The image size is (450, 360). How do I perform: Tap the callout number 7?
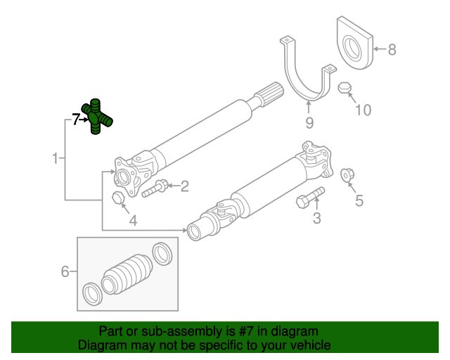click(75, 120)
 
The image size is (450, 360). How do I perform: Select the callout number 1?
click(55, 158)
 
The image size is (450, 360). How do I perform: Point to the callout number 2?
click(184, 186)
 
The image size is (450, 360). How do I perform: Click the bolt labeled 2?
click(155, 188)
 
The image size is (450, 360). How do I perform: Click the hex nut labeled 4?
click(118, 198)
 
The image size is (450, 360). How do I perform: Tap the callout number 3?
click(316, 219)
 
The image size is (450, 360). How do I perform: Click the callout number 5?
click(359, 201)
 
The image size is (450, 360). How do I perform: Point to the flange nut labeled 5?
click(346, 174)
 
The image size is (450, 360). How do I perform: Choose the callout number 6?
click(65, 271)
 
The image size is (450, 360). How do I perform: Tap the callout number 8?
click(392, 49)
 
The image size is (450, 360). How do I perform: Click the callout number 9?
click(308, 124)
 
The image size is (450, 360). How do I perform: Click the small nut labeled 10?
click(344, 89)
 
